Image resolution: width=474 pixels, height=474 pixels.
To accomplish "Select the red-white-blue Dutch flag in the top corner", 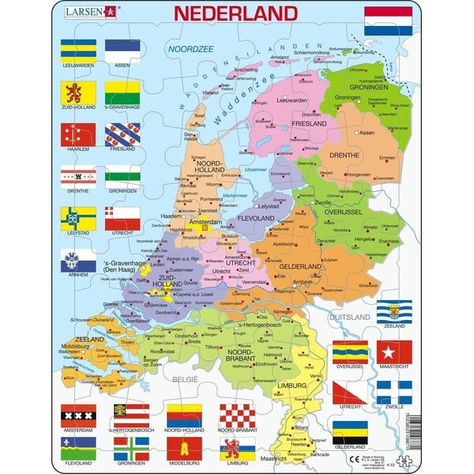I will pos(387,21).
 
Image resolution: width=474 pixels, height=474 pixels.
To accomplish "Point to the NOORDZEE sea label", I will pos(184,50).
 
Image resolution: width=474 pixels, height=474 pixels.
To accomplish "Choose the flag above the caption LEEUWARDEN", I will pos(78,51).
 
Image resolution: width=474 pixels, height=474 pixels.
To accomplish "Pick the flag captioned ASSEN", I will pos(122,51).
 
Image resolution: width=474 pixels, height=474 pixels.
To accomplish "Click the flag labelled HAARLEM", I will pos(78,135).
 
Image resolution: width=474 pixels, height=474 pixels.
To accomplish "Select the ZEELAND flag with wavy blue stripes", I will pos(393,310).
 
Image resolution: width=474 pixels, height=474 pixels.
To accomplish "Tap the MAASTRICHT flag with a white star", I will pos(393,352).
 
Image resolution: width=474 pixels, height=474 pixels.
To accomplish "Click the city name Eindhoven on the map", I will pos(266,364).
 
